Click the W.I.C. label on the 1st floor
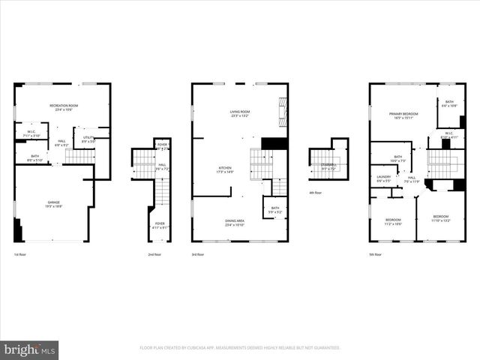[32, 134]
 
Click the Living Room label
[239, 114]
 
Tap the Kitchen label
[225, 169]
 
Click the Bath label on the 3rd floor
[275, 210]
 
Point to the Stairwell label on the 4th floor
[328, 166]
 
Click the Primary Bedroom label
[403, 115]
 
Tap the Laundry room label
[383, 179]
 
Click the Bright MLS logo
[28, 350]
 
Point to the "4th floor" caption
[317, 193]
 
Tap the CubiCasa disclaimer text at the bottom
[240, 348]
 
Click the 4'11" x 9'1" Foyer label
[160, 225]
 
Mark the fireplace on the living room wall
[283, 112]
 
